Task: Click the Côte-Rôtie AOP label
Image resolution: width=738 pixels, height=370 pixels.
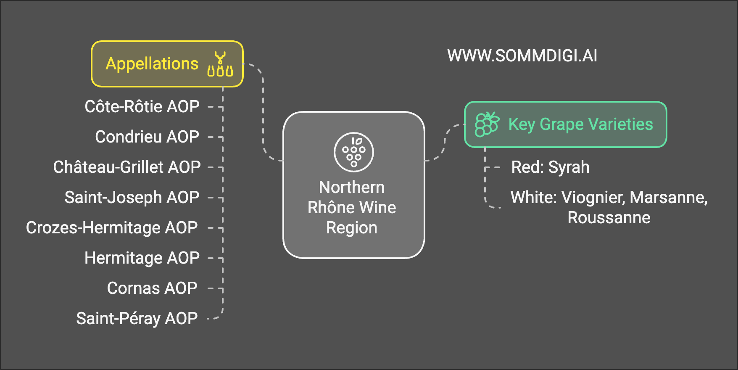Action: [x=142, y=106]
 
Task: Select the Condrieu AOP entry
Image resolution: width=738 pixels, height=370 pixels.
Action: [x=147, y=137]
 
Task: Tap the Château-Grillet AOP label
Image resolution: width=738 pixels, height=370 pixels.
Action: [x=127, y=167]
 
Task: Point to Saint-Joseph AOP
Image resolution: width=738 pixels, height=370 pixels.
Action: [x=132, y=197]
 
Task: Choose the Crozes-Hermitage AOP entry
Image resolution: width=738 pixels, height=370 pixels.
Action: [x=112, y=227]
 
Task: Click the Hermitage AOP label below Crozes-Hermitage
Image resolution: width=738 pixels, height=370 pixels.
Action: [x=142, y=258]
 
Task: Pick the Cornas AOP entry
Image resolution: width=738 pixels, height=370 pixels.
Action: [x=152, y=288]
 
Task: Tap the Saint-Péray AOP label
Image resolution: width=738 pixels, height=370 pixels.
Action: [x=137, y=318]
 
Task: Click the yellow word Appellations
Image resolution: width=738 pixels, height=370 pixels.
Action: [x=152, y=64]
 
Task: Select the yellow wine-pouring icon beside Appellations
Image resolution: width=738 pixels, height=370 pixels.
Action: [x=220, y=64]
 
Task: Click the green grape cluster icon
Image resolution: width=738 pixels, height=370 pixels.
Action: [x=487, y=124]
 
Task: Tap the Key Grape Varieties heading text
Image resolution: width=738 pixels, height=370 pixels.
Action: [x=580, y=124]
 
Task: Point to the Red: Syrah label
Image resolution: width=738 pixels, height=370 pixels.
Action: [x=550, y=167]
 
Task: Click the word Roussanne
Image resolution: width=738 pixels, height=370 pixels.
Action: [x=609, y=217]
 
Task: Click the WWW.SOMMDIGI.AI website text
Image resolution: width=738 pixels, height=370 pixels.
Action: [x=522, y=56]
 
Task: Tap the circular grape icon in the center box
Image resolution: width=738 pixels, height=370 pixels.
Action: [x=354, y=152]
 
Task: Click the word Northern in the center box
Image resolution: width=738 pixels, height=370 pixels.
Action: [x=352, y=187]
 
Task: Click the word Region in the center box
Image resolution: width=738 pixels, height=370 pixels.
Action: [x=352, y=227]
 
